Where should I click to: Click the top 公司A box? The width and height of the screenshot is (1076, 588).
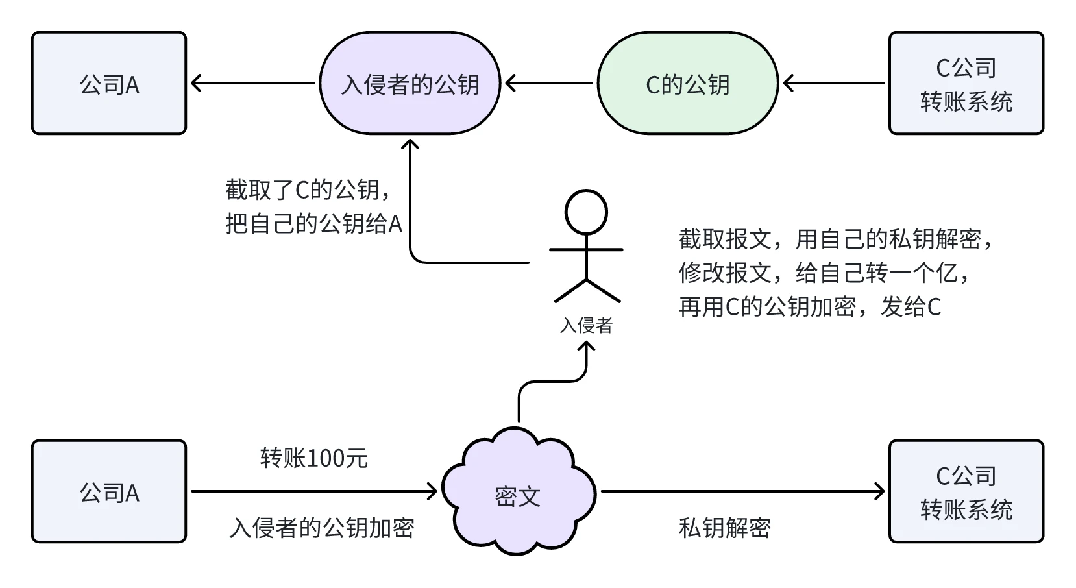109,84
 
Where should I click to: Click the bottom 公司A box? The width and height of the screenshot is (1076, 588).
109,492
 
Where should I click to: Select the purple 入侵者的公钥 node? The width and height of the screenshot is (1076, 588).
410,84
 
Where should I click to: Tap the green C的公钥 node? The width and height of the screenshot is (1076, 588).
687,84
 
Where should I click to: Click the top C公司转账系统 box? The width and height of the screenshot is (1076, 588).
966,84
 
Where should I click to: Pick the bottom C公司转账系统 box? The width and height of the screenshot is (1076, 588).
966,492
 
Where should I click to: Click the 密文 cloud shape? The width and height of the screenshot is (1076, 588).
518,496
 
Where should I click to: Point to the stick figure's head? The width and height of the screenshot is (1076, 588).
586,212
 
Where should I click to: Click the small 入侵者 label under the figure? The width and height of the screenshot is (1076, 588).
586,325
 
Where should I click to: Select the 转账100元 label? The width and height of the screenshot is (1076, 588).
314,458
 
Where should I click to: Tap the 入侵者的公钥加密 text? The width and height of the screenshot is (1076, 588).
322,528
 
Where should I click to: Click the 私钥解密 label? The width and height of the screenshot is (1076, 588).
724,528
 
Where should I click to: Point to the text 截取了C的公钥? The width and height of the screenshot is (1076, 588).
308,190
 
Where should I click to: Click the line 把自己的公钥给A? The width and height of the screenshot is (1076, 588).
313,224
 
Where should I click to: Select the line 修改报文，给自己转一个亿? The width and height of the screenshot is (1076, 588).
825,273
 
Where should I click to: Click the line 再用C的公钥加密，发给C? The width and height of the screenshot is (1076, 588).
810,306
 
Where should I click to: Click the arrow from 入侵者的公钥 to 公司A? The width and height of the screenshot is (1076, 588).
253,83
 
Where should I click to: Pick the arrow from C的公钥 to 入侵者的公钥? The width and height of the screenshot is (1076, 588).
549,83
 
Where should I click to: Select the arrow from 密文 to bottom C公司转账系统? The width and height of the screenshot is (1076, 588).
742,491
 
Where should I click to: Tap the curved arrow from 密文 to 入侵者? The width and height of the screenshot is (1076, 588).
552,382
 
